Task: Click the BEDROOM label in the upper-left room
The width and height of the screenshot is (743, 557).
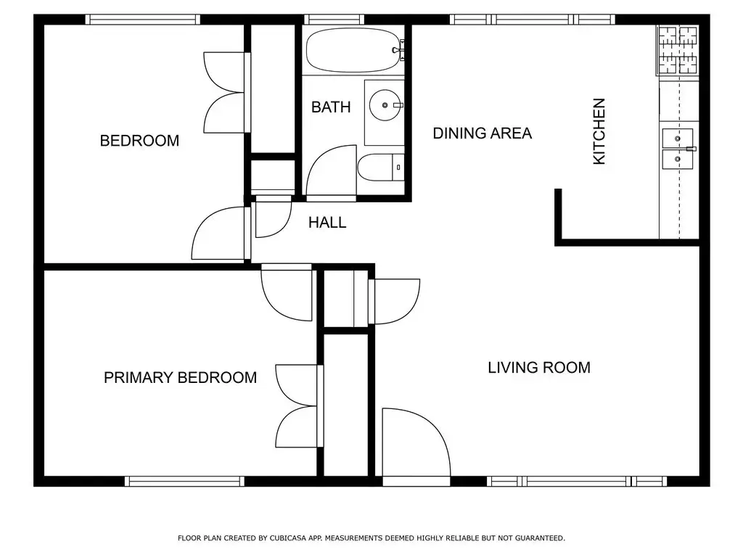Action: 139,141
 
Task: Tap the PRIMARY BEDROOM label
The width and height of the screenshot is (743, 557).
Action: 180,377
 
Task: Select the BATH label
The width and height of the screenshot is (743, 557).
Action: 331,107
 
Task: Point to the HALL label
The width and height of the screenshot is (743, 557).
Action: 327,223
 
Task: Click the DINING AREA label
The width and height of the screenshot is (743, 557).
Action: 483,133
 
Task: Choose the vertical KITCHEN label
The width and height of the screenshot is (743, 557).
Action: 599,131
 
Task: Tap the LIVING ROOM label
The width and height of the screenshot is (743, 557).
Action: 539,368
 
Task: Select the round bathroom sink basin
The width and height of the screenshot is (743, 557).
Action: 385,105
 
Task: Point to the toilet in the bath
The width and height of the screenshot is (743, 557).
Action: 381,168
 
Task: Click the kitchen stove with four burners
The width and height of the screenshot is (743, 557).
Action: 678,50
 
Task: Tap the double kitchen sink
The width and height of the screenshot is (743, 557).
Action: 678,148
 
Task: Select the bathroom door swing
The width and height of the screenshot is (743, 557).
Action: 331,170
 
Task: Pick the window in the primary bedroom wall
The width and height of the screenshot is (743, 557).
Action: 184,482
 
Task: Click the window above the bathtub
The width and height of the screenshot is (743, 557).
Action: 334,20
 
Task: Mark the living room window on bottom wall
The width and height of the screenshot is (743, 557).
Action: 577,482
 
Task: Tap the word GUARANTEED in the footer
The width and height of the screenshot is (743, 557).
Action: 540,538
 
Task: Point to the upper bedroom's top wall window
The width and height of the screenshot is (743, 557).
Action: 143,20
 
